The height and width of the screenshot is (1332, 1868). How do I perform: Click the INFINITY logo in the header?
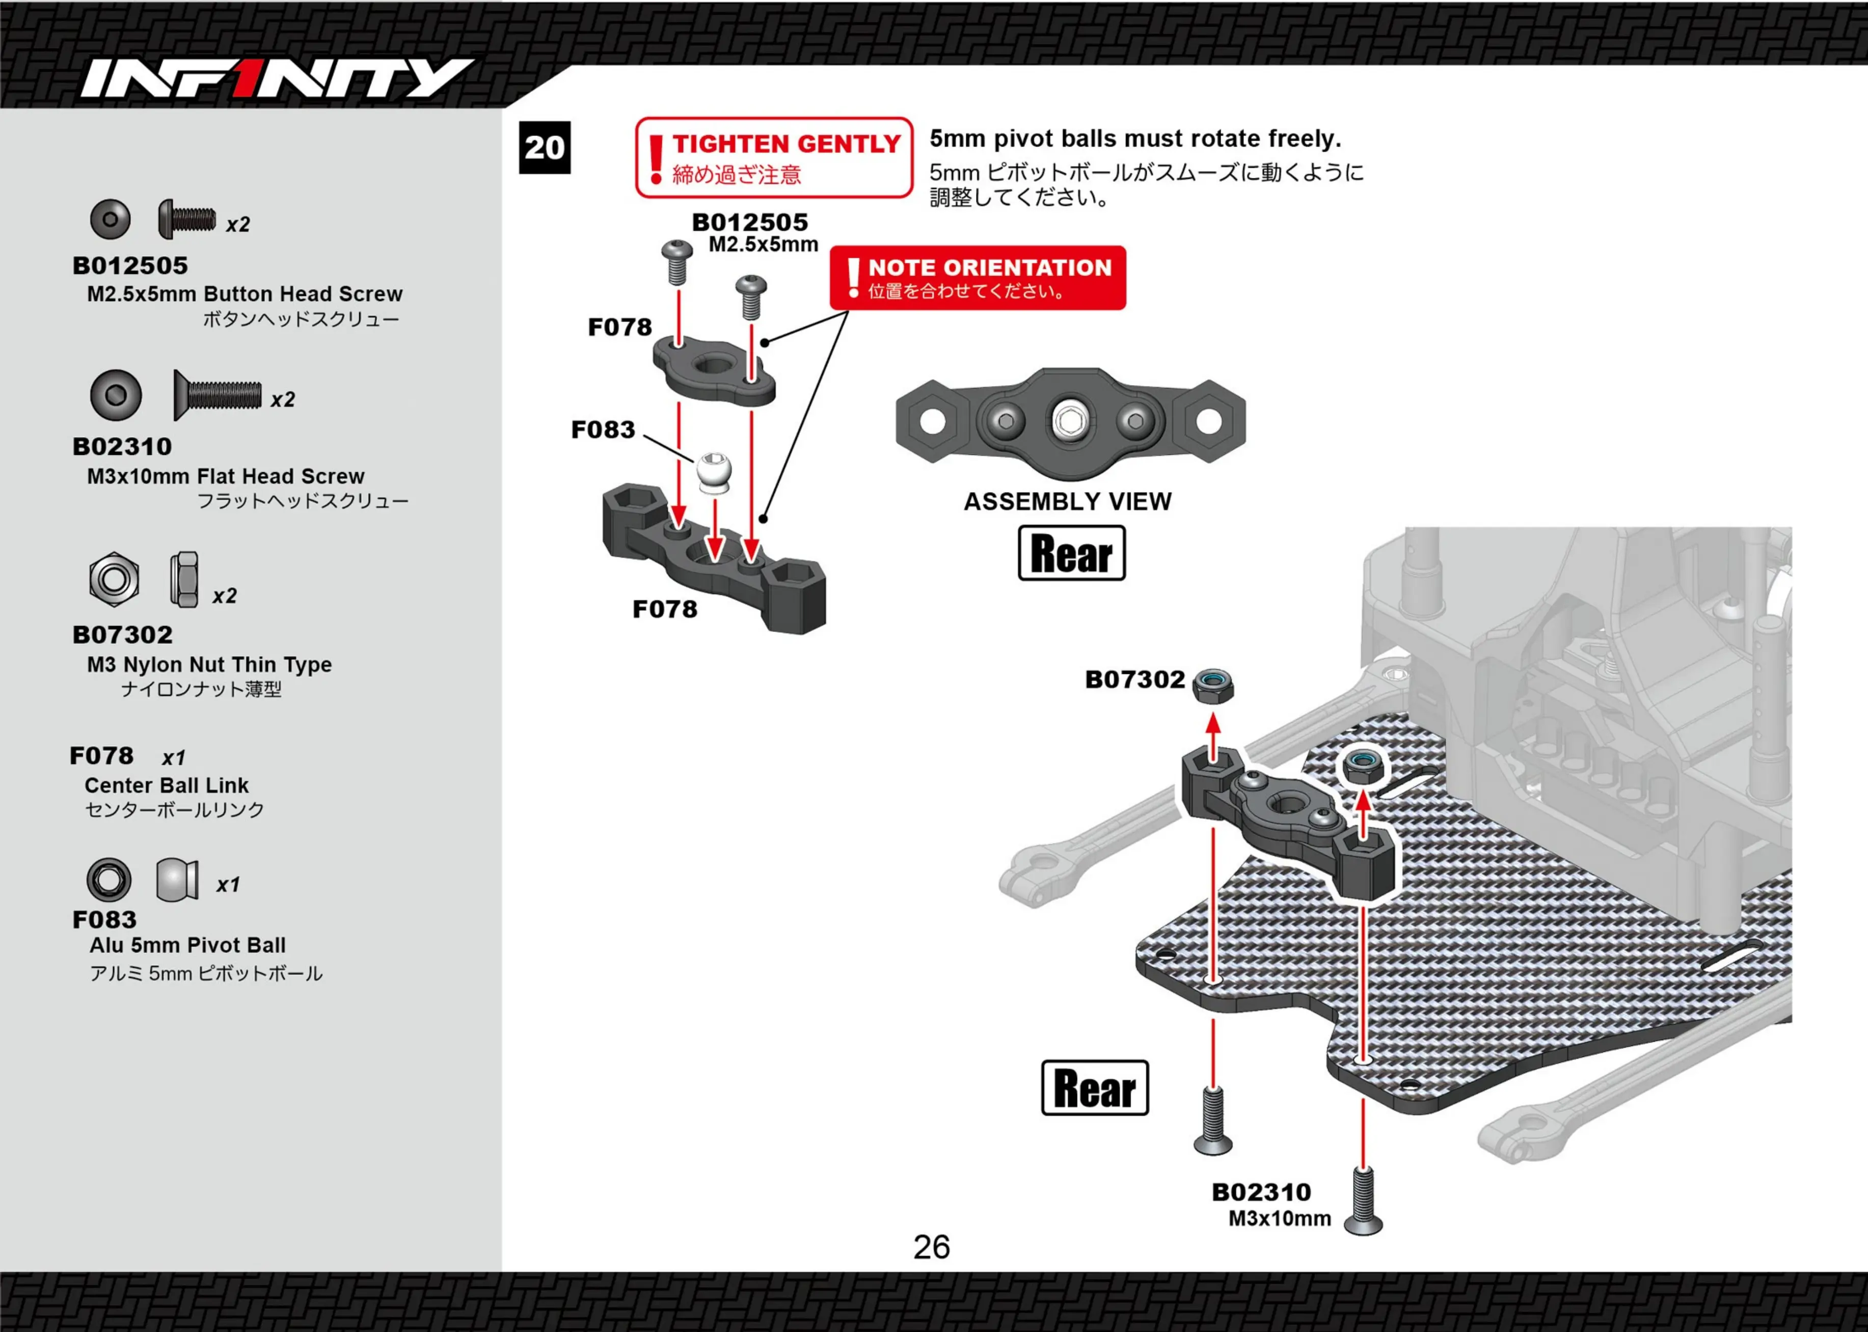coord(277,79)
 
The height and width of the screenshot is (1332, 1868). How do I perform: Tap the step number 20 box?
coord(545,148)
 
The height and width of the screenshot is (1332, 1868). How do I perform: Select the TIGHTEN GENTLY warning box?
coord(774,157)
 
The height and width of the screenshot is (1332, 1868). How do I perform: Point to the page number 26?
coord(932,1247)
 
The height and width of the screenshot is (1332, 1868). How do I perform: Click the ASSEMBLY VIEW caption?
coord(1068,501)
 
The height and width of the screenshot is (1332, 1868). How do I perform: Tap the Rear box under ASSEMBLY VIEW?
coord(1072,553)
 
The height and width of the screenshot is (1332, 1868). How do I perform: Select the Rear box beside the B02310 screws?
coord(1095,1088)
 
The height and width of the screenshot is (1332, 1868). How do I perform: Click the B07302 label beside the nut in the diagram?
coord(1135,679)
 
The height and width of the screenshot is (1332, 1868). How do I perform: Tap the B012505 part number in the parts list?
coord(130,266)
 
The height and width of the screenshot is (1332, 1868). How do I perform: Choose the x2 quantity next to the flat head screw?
coord(283,399)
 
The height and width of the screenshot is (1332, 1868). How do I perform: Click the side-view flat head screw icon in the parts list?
coord(218,395)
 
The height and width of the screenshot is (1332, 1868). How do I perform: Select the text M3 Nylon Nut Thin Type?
coord(209,664)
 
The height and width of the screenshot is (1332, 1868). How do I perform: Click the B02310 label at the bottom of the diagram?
coord(1261,1192)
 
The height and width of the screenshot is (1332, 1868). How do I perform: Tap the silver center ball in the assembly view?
coord(1068,421)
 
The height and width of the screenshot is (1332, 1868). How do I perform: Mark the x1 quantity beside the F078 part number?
coord(174,758)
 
